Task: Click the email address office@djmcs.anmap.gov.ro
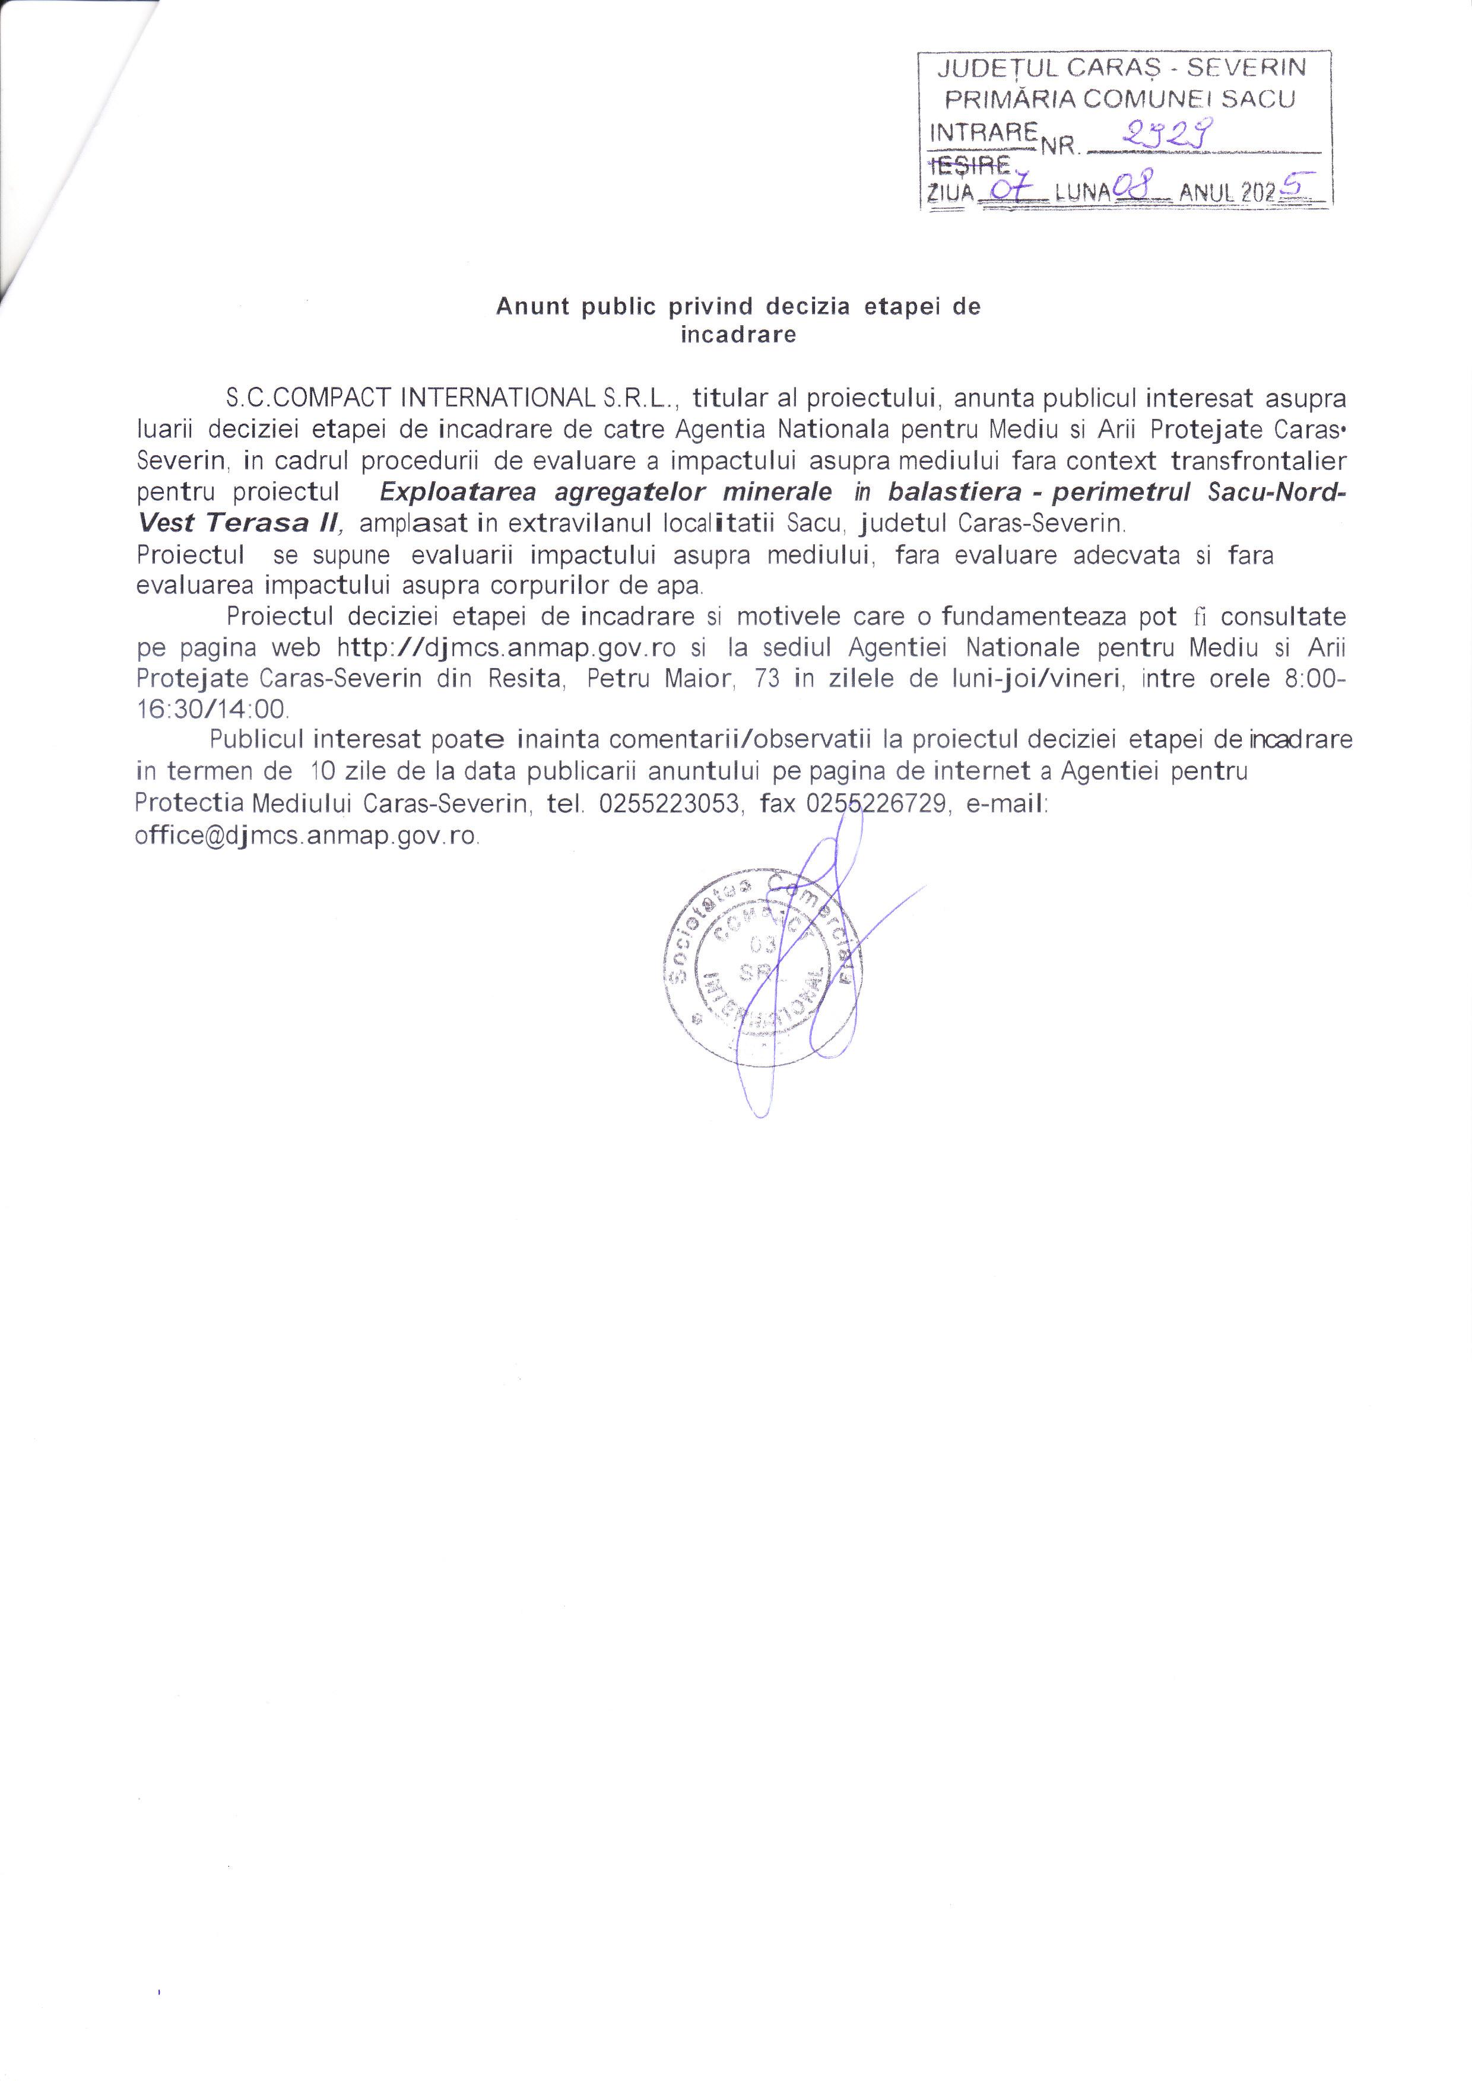point(306,835)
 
